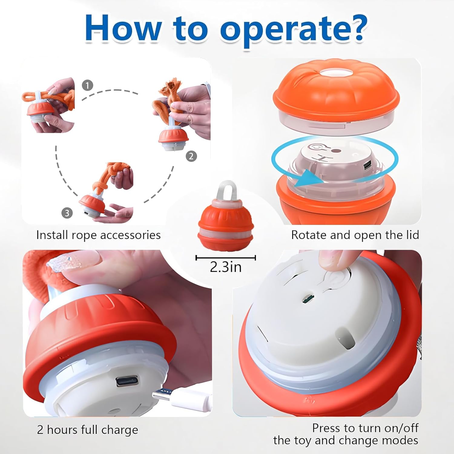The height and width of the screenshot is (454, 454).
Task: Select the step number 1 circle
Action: click(87, 85)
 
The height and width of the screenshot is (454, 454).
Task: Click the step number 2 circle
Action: click(191, 156)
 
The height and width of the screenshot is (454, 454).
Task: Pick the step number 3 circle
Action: click(67, 213)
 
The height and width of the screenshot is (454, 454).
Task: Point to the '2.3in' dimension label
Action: click(226, 267)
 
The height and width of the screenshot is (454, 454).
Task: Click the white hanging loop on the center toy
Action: click(227, 191)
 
